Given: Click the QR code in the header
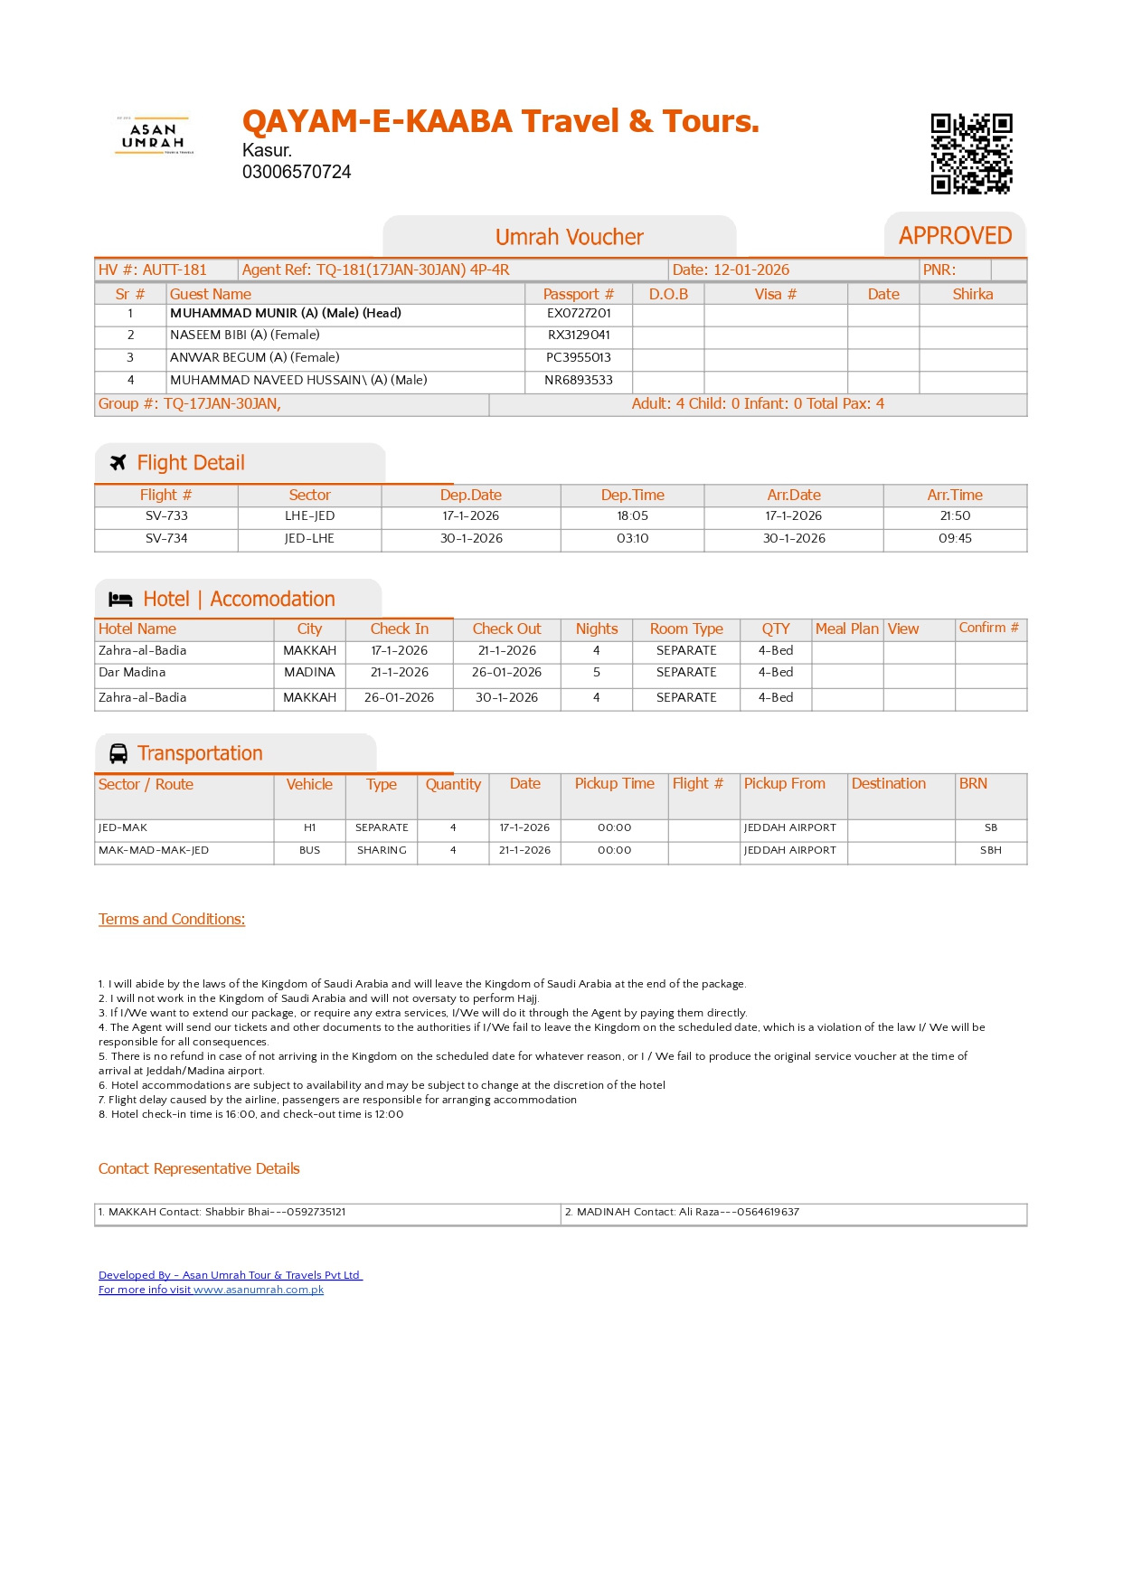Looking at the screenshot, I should pyautogui.click(x=971, y=154).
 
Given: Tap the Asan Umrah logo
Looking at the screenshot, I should pyautogui.click(x=153, y=136).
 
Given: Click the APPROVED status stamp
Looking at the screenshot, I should pyautogui.click(x=955, y=236).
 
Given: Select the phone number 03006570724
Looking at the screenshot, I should pyautogui.click(x=297, y=172).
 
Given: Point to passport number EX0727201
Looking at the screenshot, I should pyautogui.click(x=579, y=314).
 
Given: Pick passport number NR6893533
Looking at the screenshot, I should pyautogui.click(x=579, y=381).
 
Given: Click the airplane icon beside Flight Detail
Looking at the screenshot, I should pyautogui.click(x=118, y=463).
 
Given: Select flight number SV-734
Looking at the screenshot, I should pyautogui.click(x=166, y=539).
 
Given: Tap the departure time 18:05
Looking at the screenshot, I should pyautogui.click(x=632, y=516).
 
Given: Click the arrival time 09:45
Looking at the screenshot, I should pyautogui.click(x=955, y=539).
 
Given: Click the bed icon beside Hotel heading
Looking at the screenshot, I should pyautogui.click(x=120, y=600).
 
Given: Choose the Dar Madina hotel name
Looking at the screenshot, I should pyautogui.click(x=132, y=673).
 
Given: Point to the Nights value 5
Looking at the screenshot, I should pyautogui.click(x=597, y=673).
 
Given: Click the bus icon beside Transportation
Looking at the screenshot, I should pyautogui.click(x=118, y=753).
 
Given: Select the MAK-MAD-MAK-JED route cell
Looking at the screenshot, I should pyautogui.click(x=154, y=851).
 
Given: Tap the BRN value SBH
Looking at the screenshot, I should pyautogui.click(x=991, y=851).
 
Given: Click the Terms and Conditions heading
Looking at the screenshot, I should pyautogui.click(x=172, y=920).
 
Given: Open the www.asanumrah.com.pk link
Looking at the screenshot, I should pyautogui.click(x=259, y=1290).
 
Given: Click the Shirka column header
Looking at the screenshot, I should pyautogui.click(x=973, y=295).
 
